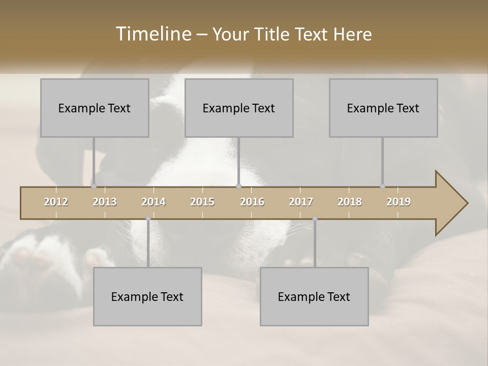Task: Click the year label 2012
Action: pos(56,202)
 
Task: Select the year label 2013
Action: pos(105,202)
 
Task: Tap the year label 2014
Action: pos(154,202)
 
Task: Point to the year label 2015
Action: pos(202,202)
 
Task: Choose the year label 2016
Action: pos(252,202)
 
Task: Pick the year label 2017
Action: pos(301,202)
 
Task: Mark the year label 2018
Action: pos(350,202)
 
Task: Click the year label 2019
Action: pos(399,202)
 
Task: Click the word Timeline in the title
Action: pos(152,34)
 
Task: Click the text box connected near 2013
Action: pos(95,108)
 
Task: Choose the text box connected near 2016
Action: pos(239,108)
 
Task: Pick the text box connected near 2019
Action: pos(383,108)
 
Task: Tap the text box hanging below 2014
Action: pos(147,296)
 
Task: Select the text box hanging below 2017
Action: pos(314,296)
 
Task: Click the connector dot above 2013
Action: pos(94,186)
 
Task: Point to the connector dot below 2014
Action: pos(148,219)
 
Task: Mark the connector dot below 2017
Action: pos(315,219)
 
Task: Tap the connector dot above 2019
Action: pos(382,186)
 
